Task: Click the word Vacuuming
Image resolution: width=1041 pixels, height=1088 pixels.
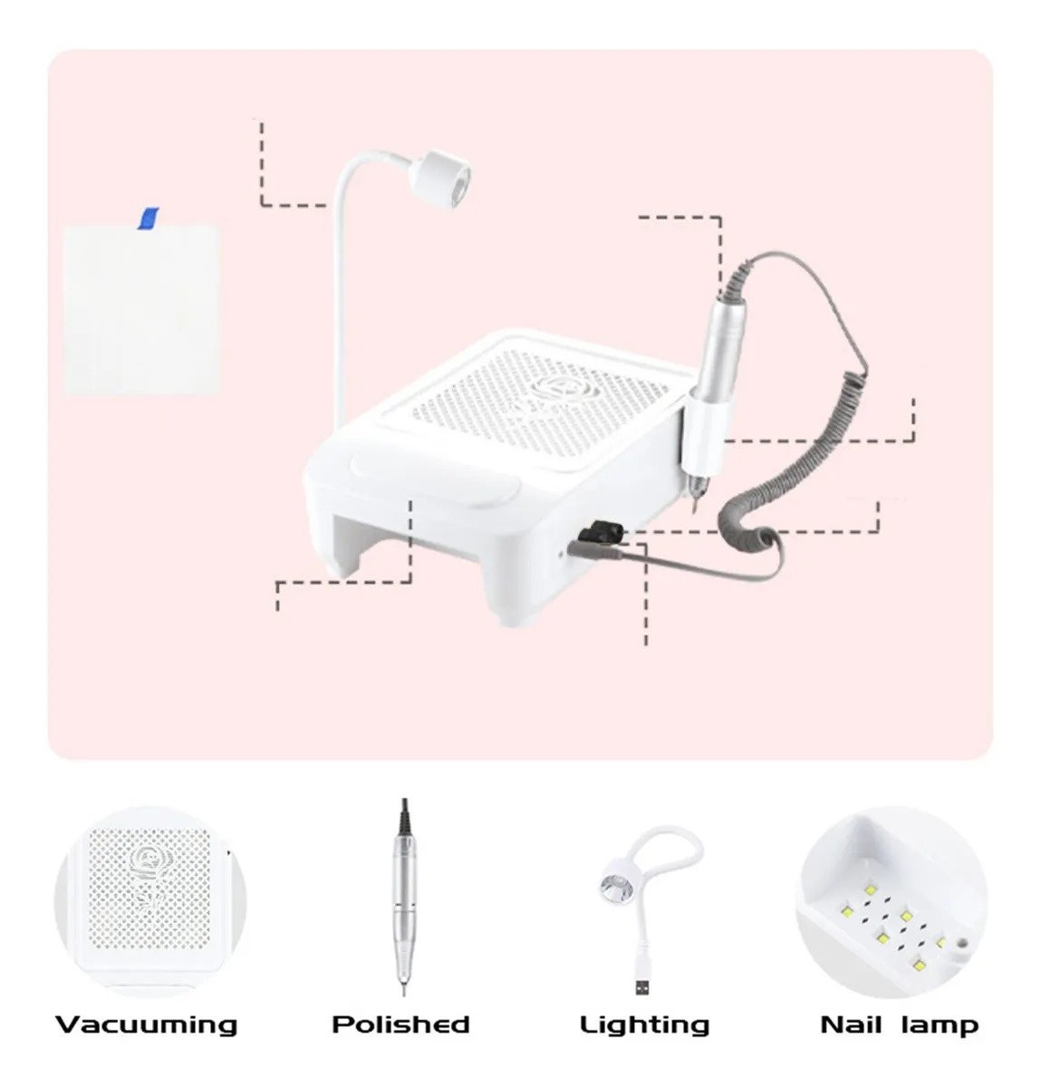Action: pyautogui.click(x=147, y=1025)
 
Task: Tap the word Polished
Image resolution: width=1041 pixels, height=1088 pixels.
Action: pyautogui.click(x=400, y=1024)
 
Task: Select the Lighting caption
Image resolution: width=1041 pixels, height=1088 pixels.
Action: pyautogui.click(x=644, y=1025)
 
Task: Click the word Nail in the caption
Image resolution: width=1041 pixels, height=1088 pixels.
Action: pyautogui.click(x=851, y=1025)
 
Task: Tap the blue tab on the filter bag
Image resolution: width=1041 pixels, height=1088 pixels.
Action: pyautogui.click(x=149, y=218)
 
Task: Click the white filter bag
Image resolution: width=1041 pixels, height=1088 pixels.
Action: pyautogui.click(x=141, y=310)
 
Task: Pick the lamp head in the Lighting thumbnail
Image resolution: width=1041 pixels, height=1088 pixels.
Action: pyautogui.click(x=616, y=883)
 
